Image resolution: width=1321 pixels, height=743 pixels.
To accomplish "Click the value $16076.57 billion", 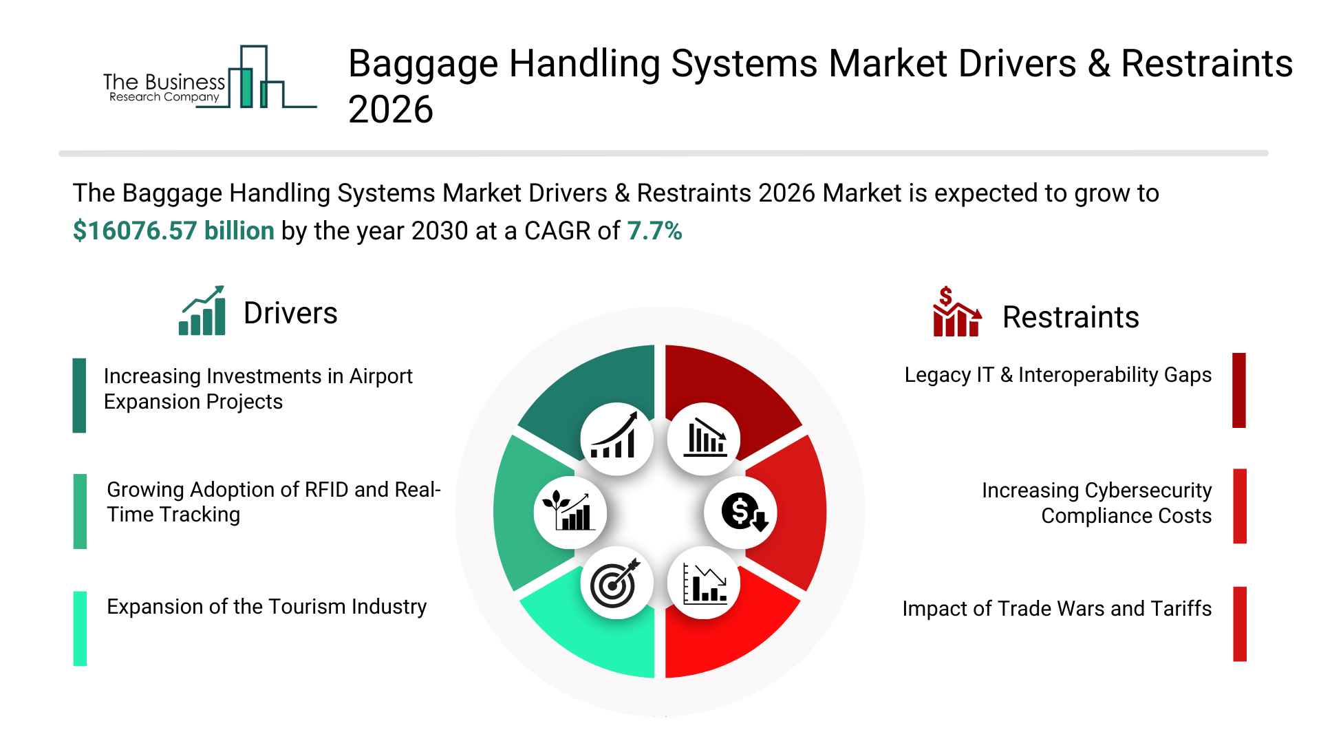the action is tap(173, 231).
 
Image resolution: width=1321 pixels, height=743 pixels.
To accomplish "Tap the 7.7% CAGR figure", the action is tap(654, 231).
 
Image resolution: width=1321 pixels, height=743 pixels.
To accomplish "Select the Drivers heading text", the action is tap(290, 313).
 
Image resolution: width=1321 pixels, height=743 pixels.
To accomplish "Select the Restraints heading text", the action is tap(1071, 317).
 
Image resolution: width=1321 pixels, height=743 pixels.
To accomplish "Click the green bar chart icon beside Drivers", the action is tap(202, 310).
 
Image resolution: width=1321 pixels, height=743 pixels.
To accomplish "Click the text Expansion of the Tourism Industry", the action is tap(267, 607).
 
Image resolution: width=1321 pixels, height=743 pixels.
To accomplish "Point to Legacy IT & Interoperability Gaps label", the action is tap(1058, 375).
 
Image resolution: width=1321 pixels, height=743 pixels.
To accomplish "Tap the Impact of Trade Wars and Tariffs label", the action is tap(1057, 609).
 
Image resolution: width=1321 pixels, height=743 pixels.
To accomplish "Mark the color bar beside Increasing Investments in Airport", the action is tap(79, 395).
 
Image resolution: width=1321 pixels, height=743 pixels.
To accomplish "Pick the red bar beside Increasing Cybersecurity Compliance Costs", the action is tap(1240, 506).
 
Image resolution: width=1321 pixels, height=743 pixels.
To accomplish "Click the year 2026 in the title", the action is tap(391, 110).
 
